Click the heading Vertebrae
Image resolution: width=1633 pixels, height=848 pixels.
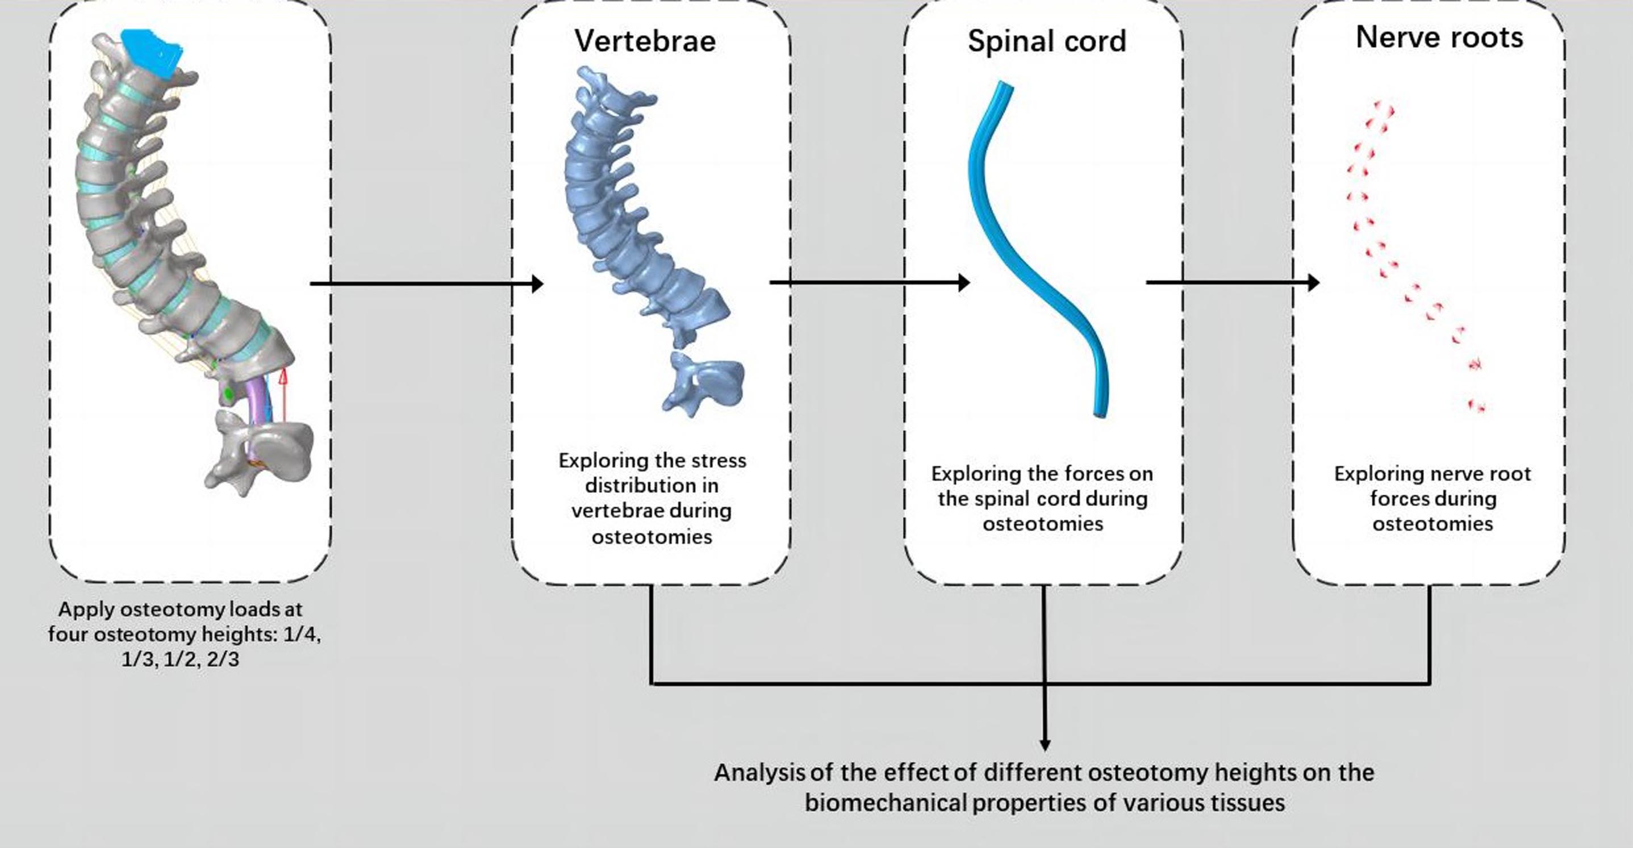tap(645, 41)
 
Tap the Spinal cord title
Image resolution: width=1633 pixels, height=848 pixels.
tap(1047, 41)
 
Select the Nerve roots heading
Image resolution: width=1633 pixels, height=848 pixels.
tap(1439, 37)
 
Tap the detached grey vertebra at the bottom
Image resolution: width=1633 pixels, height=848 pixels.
tap(260, 450)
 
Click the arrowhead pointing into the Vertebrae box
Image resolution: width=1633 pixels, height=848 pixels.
tap(537, 283)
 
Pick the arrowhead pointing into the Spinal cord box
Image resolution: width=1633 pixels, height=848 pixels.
tap(963, 282)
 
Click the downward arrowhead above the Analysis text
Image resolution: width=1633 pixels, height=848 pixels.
tap(1045, 744)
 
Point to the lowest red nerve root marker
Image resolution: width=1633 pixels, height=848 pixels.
tap(1477, 406)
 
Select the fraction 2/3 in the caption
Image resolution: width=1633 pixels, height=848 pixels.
tap(223, 659)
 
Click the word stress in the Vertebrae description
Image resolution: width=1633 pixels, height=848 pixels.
tap(723, 460)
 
